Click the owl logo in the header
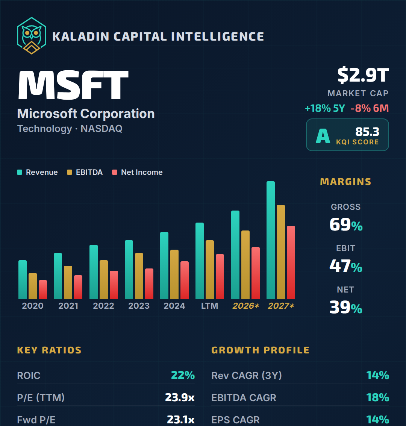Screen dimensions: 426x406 click(x=32, y=35)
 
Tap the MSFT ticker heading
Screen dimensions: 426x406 click(x=73, y=85)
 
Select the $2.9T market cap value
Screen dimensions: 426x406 click(x=363, y=75)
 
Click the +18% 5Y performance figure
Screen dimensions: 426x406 click(x=325, y=108)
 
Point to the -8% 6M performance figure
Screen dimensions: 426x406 click(x=370, y=108)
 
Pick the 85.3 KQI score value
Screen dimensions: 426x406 click(x=367, y=132)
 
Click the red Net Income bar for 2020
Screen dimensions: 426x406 click(x=43, y=290)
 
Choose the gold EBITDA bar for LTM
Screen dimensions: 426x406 click(x=210, y=270)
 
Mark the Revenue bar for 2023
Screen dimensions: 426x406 click(x=129, y=270)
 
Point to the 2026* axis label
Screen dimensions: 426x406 click(x=245, y=306)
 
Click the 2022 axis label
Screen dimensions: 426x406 click(x=103, y=306)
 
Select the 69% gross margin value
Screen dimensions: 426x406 click(x=346, y=225)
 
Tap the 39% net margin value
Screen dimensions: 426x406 click(x=346, y=308)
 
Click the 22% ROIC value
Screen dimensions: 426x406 click(x=183, y=375)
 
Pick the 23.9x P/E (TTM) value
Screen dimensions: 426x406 click(x=180, y=397)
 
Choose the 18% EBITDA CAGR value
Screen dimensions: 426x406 click(x=377, y=397)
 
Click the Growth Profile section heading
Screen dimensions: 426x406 click(x=260, y=350)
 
